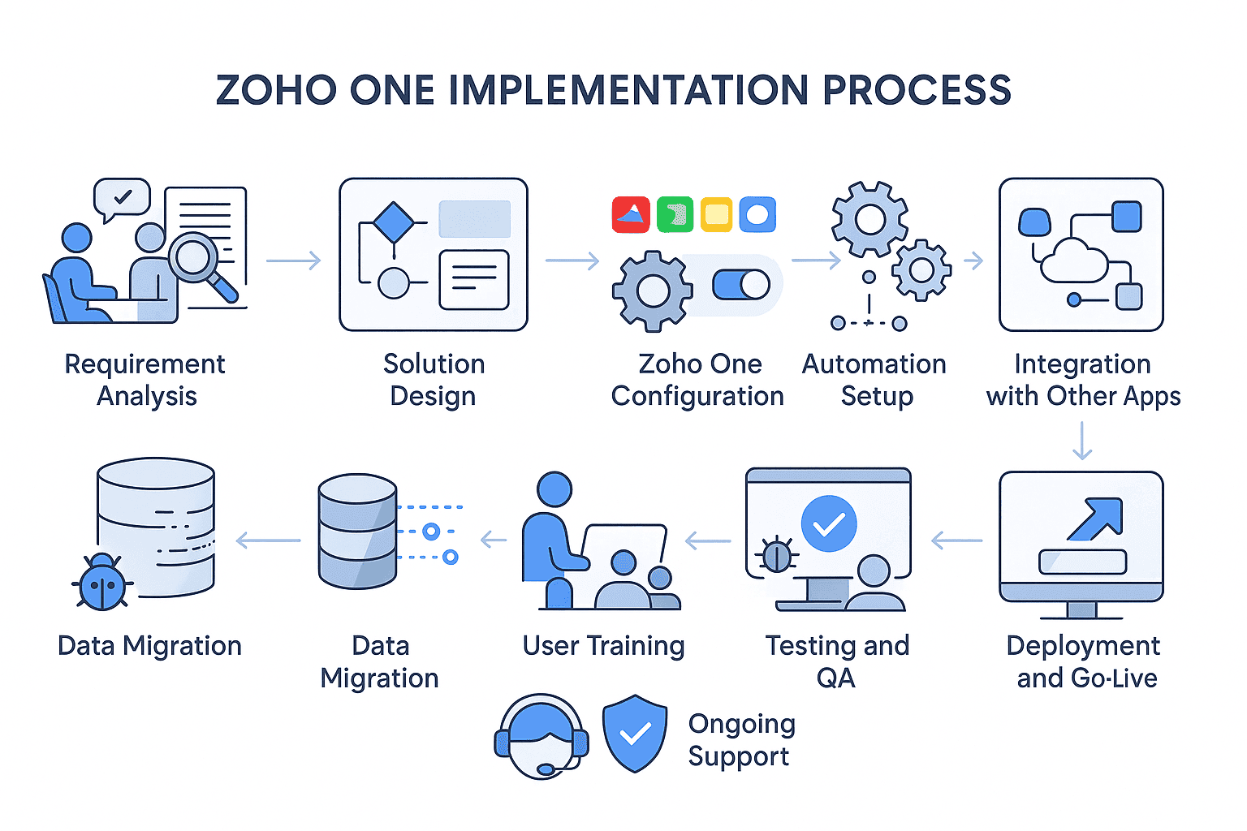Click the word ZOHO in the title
(x=276, y=89)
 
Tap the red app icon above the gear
(x=631, y=214)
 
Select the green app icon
(x=675, y=214)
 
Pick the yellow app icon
(x=716, y=214)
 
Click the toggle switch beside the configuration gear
(x=741, y=284)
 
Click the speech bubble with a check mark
(x=121, y=200)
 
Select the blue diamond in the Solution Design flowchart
(x=394, y=222)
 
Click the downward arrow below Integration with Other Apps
(x=1081, y=441)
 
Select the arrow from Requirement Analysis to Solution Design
(x=293, y=260)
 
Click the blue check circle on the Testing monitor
(x=828, y=523)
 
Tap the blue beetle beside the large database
(x=101, y=582)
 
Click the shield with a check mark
(x=635, y=733)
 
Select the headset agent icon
(x=542, y=736)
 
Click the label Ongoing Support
(x=741, y=740)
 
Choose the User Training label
(x=603, y=646)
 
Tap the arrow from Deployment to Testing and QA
(x=956, y=540)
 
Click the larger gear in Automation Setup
(x=869, y=219)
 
